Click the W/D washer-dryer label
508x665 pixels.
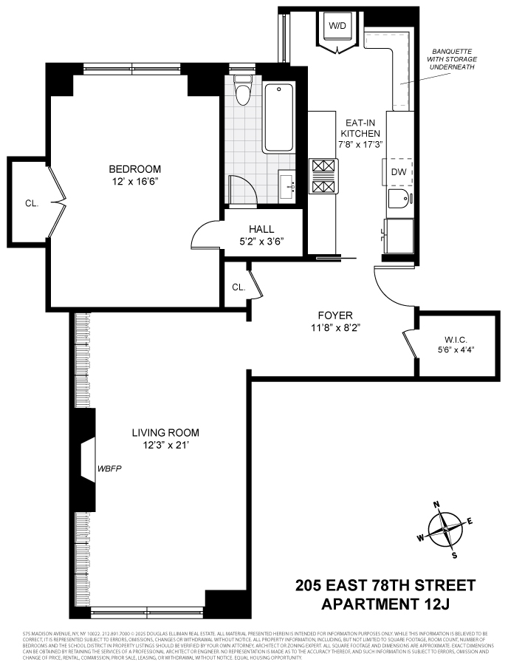337,26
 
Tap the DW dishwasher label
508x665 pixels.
399,171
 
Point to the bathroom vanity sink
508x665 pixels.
289,184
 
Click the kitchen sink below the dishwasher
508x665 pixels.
398,199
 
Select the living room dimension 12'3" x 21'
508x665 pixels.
165,445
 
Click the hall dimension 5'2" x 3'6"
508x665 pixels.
262,241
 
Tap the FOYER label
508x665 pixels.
336,314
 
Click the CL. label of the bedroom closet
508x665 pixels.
32,202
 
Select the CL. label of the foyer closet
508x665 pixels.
238,287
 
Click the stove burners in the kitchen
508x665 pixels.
323,177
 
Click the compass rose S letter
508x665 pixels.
455,555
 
